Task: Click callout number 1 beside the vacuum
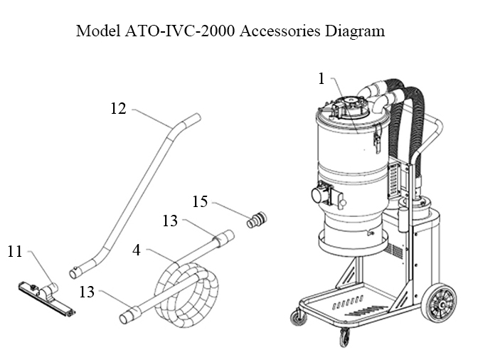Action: [x=322, y=78]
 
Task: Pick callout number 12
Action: [x=118, y=109]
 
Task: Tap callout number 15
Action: [x=200, y=202]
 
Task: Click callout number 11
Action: [x=16, y=250]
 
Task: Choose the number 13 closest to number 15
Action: [x=169, y=221]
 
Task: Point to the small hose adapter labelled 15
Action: [x=255, y=220]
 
